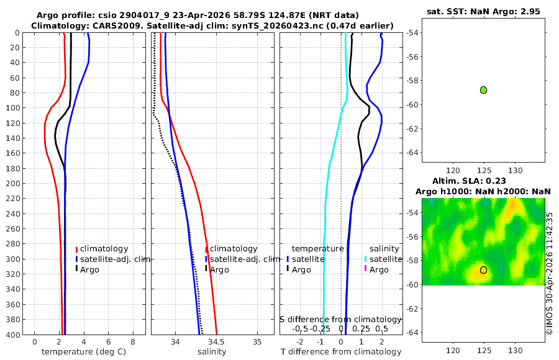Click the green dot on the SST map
pyautogui.click(x=483, y=90)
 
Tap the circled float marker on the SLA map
pyautogui.click(x=483, y=270)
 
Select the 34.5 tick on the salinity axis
pyautogui.click(x=216, y=342)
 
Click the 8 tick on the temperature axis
pyautogui.click(x=133, y=342)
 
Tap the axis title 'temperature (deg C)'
pyautogui.click(x=84, y=352)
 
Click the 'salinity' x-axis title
pyautogui.click(x=212, y=352)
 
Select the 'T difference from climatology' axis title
pyautogui.click(x=341, y=352)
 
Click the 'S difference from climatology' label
pyautogui.click(x=341, y=320)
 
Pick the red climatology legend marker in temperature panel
pyautogui.click(x=76, y=249)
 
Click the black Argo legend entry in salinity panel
pyautogui.click(x=217, y=269)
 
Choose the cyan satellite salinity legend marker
pyautogui.click(x=365, y=259)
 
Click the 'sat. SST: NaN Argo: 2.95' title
pyautogui.click(x=483, y=11)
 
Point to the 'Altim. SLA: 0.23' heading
pyautogui.click(x=469, y=181)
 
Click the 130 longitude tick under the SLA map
pyautogui.click(x=515, y=351)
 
